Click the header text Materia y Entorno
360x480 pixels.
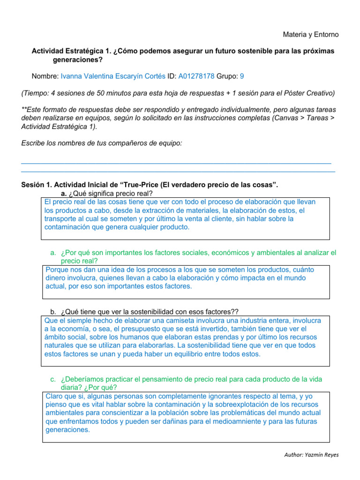[311, 35]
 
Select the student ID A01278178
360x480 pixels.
[196, 76]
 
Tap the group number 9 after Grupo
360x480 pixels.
[242, 76]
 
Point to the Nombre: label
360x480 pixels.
[45, 76]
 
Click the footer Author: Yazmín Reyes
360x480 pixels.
[312, 455]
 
